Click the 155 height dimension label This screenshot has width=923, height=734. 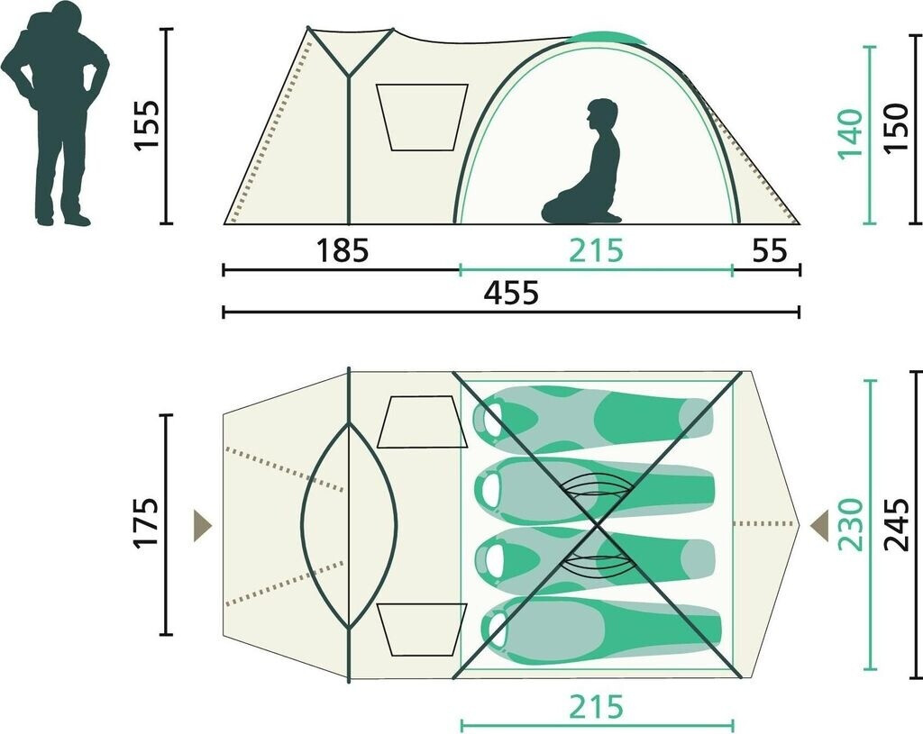point(148,125)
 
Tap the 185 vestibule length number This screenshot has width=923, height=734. point(343,250)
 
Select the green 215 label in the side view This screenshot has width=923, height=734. point(596,250)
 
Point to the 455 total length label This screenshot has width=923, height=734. point(511,293)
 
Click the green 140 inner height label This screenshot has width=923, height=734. point(850,134)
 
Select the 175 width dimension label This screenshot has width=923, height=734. point(148,521)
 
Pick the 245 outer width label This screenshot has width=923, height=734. point(897,521)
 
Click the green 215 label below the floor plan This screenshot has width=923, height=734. point(596,707)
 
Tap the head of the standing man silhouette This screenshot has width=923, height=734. point(66,20)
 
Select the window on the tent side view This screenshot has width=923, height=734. point(422,117)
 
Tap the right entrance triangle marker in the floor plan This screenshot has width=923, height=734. point(819,523)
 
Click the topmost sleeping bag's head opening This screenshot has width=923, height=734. point(490,418)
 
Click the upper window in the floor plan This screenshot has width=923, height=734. point(422,421)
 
